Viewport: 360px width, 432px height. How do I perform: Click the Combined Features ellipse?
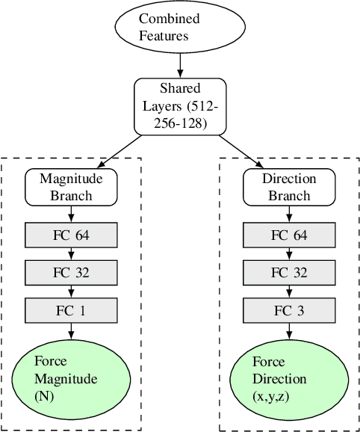point(180,26)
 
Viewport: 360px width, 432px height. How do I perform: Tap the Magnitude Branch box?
point(71,188)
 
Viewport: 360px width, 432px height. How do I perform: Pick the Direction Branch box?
point(289,188)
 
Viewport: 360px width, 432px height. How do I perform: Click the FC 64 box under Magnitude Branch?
point(71,235)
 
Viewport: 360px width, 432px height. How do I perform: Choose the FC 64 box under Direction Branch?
point(289,235)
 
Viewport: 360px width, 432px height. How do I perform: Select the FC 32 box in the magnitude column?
point(71,273)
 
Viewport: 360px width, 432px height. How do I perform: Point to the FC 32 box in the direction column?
point(289,273)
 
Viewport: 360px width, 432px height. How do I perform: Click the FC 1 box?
point(71,309)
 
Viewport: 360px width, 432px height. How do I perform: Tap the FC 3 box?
point(289,309)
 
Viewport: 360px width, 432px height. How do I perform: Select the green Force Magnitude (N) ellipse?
point(71,378)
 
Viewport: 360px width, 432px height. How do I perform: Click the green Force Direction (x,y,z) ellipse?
point(289,378)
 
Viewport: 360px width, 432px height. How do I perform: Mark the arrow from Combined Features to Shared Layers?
point(180,64)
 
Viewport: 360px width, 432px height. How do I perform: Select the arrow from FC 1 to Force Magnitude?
point(71,332)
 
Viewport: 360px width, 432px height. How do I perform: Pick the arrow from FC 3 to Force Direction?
point(289,332)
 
